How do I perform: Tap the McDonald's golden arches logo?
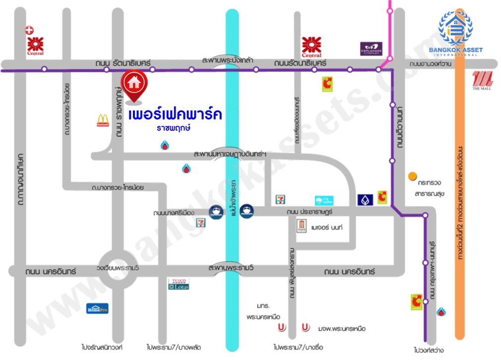pyautogui.click(x=102, y=120)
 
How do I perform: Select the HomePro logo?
pyautogui.click(x=97, y=308)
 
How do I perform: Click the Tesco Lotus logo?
pyautogui.click(x=179, y=284)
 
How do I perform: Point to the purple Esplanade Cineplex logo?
pyautogui.click(x=371, y=49)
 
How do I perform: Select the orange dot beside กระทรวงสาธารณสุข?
pyautogui.click(x=412, y=176)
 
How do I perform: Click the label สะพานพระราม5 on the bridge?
pyautogui.click(x=231, y=268)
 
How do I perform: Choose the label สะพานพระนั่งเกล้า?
pyautogui.click(x=229, y=60)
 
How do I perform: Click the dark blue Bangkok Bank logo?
pyautogui.click(x=365, y=199)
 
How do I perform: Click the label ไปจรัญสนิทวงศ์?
pyautogui.click(x=102, y=347)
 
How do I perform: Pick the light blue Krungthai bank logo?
pyautogui.click(x=324, y=200)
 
